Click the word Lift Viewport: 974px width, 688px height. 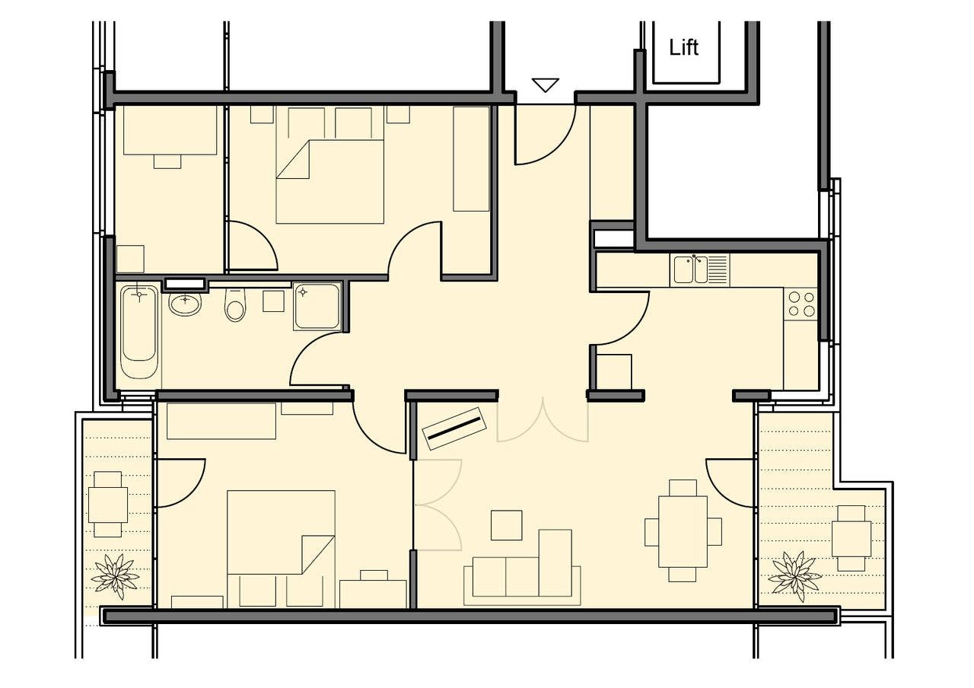pos(683,47)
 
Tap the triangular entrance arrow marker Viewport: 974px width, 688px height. pos(546,84)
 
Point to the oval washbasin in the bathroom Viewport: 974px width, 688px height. pos(185,304)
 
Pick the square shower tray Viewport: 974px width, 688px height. pos(317,306)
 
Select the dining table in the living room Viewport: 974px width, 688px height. pos(683,531)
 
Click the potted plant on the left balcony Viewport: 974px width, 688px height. pos(115,576)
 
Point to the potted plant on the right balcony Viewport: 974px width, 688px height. pos(794,576)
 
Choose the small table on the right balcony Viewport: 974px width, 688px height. pos(851,538)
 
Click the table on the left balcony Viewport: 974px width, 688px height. pos(108,505)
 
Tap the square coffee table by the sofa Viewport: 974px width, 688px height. pos(506,525)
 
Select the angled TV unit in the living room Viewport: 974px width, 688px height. pos(454,428)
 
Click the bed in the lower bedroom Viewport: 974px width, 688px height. pos(281,549)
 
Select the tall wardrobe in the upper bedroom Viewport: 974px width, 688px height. pos(471,159)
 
